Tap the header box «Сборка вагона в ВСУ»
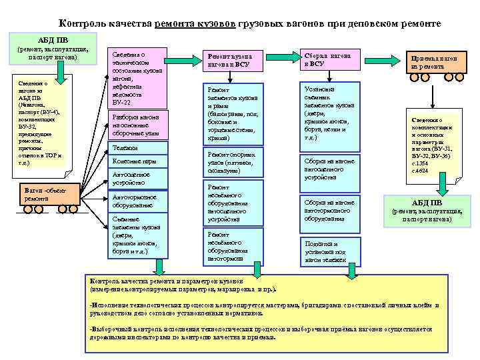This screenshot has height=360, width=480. [331, 58]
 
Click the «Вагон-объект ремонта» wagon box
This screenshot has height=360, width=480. [41, 198]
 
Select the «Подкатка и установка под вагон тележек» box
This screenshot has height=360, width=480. [331, 250]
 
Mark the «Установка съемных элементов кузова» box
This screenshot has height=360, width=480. [331, 113]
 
